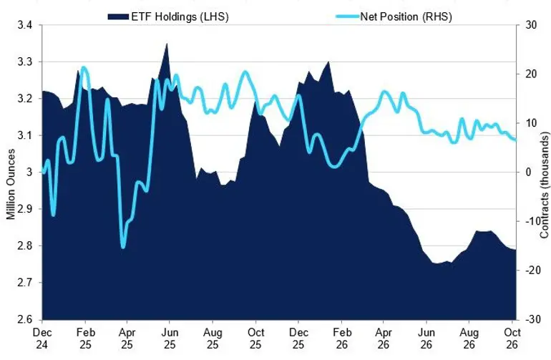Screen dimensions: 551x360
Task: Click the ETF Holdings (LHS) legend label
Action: click(180, 17)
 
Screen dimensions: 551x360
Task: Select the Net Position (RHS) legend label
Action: click(406, 17)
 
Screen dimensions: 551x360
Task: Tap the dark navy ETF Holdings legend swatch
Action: click(118, 17)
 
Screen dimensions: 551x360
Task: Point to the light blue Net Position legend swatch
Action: click(348, 16)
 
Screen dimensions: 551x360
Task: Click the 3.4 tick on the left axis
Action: click(24, 25)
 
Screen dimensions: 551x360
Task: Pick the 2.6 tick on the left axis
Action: click(24, 319)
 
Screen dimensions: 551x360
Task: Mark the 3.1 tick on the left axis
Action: click(24, 135)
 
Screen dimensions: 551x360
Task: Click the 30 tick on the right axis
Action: click(531, 25)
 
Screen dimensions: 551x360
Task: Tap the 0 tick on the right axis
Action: click(529, 172)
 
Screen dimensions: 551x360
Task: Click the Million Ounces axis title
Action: click(11, 184)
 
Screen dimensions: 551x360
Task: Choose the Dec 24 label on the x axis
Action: click(42, 338)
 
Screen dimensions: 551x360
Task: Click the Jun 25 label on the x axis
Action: click(170, 338)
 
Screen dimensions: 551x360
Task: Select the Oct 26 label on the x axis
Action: click(512, 338)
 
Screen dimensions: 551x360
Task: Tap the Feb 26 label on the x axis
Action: click(342, 338)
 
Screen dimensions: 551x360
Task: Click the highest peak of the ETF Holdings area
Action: click(167, 44)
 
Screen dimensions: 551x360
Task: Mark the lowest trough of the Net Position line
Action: click(123, 247)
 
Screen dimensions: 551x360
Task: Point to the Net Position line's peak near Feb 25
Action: click(83, 67)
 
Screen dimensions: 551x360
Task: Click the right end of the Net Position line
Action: click(515, 140)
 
